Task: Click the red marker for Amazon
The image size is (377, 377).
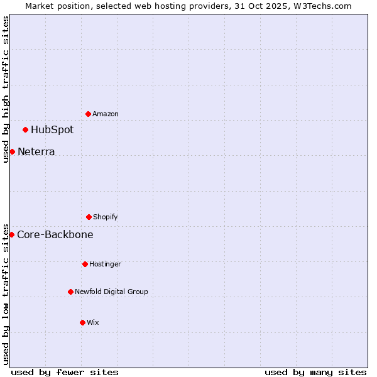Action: (88, 114)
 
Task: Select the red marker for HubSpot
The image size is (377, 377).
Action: (25, 129)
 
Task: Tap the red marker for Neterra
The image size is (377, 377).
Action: (12, 151)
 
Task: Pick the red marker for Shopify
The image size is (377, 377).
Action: (89, 217)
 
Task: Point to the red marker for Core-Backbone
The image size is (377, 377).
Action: (11, 234)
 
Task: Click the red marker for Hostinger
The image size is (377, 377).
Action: (85, 264)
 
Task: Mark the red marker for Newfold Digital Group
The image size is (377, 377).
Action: (70, 292)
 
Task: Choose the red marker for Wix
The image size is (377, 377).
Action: (82, 322)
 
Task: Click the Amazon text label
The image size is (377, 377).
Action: (106, 114)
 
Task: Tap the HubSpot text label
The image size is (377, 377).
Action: (52, 130)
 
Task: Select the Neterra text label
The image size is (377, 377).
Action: (36, 152)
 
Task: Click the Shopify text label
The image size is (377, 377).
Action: (106, 217)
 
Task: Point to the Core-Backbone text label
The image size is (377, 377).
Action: (55, 235)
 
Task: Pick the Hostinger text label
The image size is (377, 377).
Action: (105, 264)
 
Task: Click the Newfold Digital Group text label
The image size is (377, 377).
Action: (112, 292)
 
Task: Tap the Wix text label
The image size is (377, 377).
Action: (93, 322)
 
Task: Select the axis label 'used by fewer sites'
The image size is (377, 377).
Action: (65, 372)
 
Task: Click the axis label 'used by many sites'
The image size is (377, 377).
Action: (315, 372)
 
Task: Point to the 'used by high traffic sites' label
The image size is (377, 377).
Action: (6, 89)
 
